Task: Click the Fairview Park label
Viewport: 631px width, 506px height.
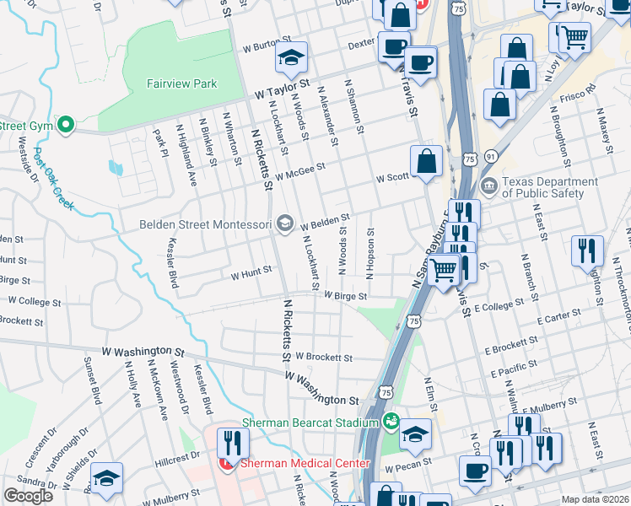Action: click(181, 83)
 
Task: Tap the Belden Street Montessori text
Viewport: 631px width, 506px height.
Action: click(206, 224)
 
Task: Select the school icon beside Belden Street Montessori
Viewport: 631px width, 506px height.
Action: click(286, 223)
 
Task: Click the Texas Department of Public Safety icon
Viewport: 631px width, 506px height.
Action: click(488, 186)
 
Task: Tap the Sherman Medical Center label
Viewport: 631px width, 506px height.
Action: click(305, 463)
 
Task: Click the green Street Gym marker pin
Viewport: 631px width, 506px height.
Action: click(66, 126)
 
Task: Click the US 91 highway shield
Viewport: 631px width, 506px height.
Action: click(490, 156)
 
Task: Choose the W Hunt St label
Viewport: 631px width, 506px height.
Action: click(251, 272)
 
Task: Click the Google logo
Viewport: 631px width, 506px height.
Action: click(29, 496)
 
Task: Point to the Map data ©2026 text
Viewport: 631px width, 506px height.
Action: click(596, 499)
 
